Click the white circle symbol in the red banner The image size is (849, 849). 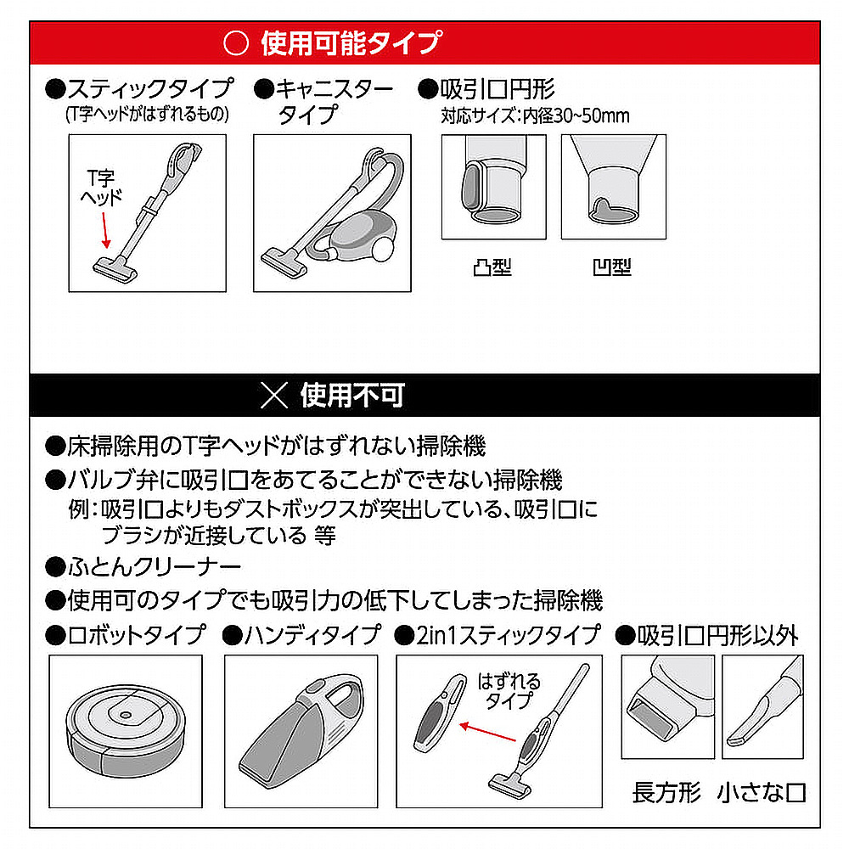[236, 42]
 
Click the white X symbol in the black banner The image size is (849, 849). [274, 395]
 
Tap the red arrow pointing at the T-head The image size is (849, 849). [105, 230]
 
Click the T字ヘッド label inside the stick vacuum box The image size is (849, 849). [101, 188]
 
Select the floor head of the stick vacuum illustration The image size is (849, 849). [115, 269]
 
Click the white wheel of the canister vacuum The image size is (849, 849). [382, 250]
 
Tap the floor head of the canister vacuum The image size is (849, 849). [284, 262]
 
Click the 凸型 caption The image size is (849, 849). [492, 267]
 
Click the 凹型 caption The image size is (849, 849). [612, 267]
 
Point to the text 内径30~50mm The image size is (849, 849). [576, 115]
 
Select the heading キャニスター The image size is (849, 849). [335, 89]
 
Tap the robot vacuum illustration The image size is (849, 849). [126, 731]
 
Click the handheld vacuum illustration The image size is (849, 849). [301, 731]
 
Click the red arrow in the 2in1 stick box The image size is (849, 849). [487, 732]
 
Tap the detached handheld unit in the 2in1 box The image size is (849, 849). [439, 712]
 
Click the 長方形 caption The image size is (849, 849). [666, 793]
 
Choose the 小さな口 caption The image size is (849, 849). [762, 793]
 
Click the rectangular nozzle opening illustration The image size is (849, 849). [668, 706]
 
